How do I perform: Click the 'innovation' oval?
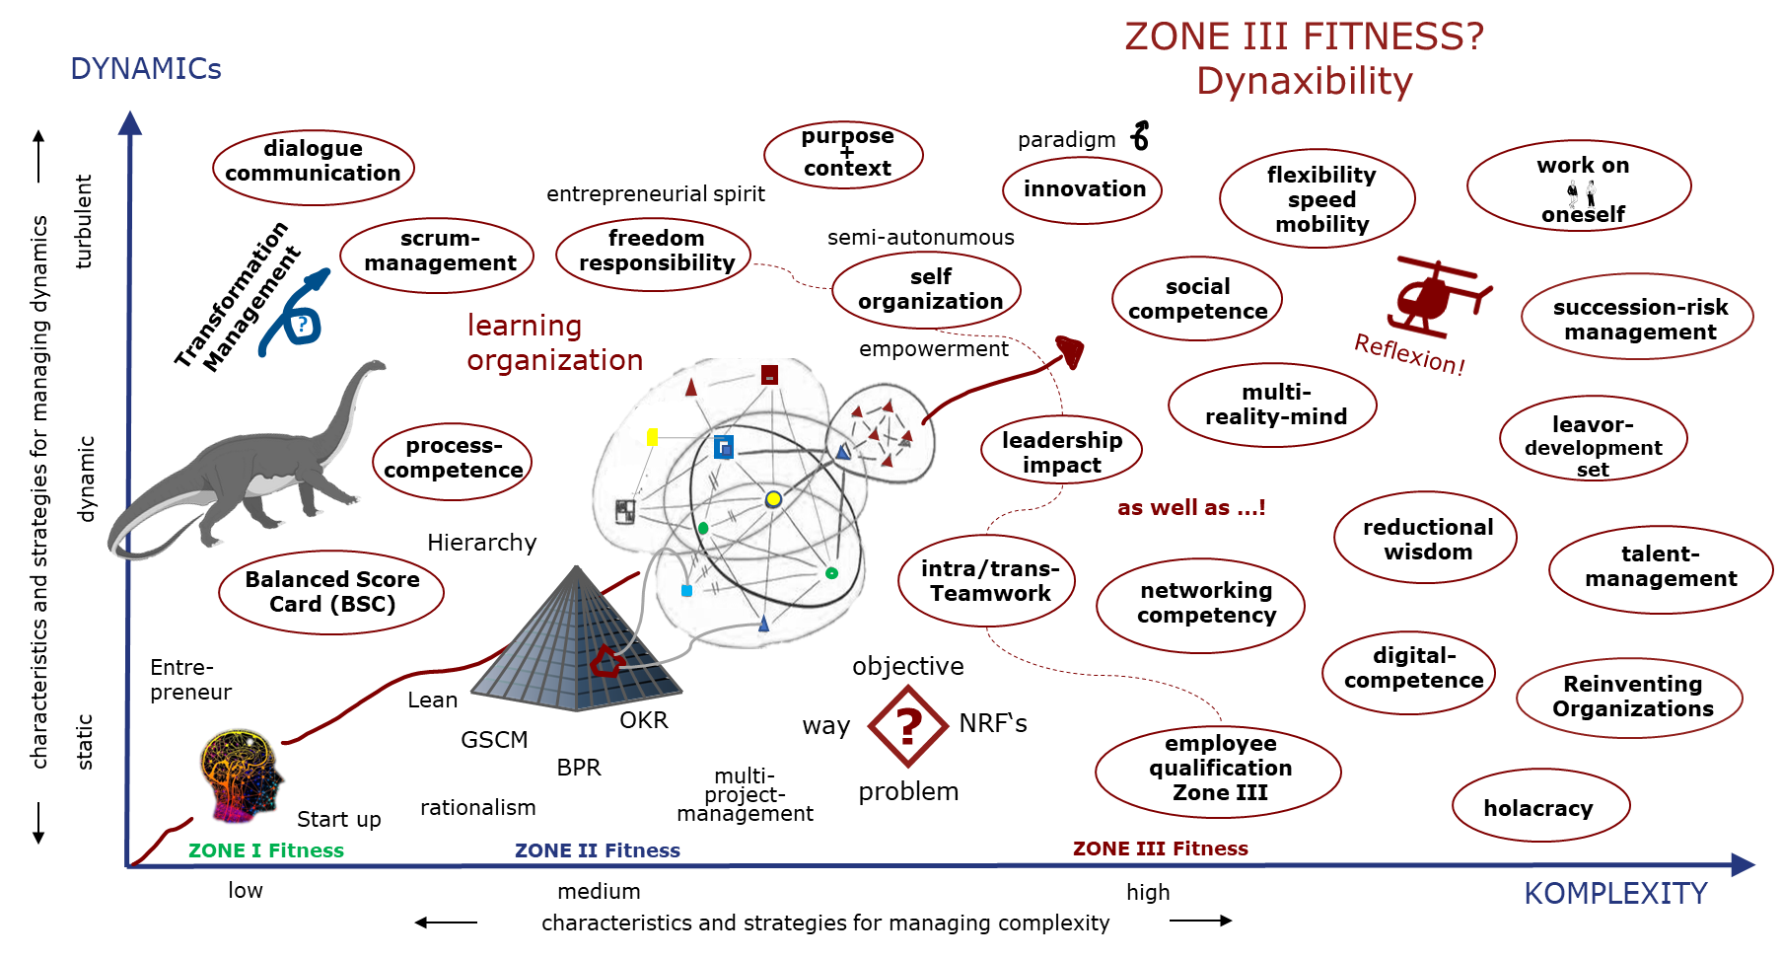1083,189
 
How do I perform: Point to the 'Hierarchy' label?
481,542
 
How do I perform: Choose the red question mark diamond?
908,727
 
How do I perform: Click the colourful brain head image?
240,775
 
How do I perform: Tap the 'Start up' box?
338,819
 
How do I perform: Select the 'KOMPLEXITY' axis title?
1614,894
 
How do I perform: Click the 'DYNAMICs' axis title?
146,69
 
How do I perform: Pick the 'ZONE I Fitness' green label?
266,850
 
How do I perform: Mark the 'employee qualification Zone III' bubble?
1219,769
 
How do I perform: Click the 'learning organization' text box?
555,342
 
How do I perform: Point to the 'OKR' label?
644,720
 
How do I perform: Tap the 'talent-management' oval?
1660,567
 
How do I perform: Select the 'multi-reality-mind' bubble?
1274,405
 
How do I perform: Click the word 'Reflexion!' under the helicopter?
1409,353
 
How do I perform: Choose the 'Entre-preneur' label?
190,679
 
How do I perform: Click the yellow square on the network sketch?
652,437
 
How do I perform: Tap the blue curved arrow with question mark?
297,314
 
